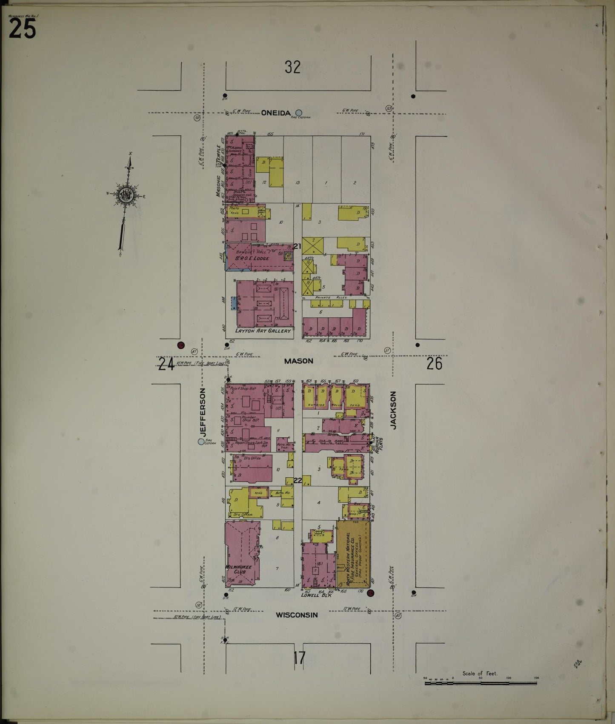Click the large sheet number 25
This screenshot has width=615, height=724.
click(22, 29)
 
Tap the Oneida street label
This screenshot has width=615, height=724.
click(276, 113)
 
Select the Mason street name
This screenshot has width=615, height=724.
click(298, 361)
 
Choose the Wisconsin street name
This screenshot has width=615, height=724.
click(297, 615)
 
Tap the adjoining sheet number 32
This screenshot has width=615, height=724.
click(293, 67)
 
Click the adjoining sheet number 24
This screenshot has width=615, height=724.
click(166, 364)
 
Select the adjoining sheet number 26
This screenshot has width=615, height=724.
click(434, 364)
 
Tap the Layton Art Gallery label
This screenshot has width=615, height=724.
click(263, 330)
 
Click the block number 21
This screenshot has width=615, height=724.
click(297, 246)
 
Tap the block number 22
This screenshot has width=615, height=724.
click(297, 481)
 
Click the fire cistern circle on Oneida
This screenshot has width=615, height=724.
click(299, 113)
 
